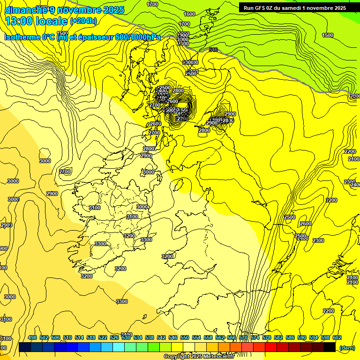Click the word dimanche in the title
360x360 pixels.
pyautogui.click(x=26, y=9)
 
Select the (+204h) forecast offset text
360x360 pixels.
pyautogui.click(x=83, y=21)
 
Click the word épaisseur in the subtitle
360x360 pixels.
pyautogui.click(x=95, y=37)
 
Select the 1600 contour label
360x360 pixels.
pyautogui.click(x=189, y=14)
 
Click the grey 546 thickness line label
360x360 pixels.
pyautogui.click(x=213, y=50)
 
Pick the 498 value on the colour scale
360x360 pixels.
pyautogui.click(x=32, y=337)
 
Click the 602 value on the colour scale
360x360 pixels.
pyautogui.click(x=337, y=337)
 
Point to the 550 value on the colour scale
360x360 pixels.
pyautogui.click(x=185, y=337)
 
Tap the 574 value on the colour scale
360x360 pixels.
pyautogui.click(x=255, y=337)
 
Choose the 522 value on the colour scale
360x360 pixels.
pyautogui.click(x=103, y=337)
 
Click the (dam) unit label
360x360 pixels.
pyautogui.click(x=346, y=347)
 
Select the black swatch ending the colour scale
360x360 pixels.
pyautogui.click(x=330, y=347)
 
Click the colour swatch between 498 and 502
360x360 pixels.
pyautogui.click(x=37, y=347)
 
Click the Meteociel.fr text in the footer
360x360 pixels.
pyautogui.click(x=218, y=356)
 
